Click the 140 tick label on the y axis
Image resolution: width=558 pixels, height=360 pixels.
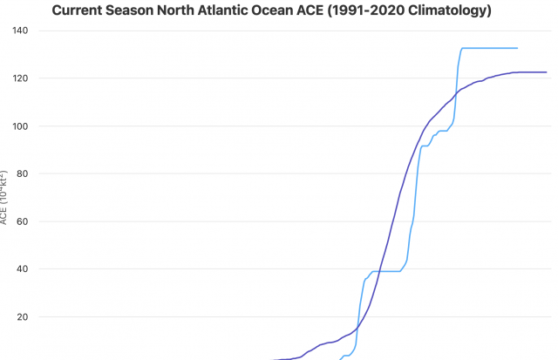pyautogui.click(x=20, y=31)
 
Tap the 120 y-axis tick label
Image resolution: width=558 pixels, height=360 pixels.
pyautogui.click(x=20, y=78)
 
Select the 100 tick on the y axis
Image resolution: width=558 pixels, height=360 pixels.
pyautogui.click(x=20, y=126)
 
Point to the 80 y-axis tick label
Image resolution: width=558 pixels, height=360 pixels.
pyautogui.click(x=23, y=173)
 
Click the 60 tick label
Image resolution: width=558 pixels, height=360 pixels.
pyautogui.click(x=23, y=221)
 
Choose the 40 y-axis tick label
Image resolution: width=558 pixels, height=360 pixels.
pyautogui.click(x=23, y=269)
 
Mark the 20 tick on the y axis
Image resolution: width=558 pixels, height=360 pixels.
pyautogui.click(x=23, y=317)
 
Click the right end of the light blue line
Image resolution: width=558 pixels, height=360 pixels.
pyautogui.click(x=517, y=48)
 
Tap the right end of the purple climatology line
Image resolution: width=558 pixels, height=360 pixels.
pyautogui.click(x=546, y=72)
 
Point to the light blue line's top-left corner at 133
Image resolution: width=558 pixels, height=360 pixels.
pyautogui.click(x=462, y=49)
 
